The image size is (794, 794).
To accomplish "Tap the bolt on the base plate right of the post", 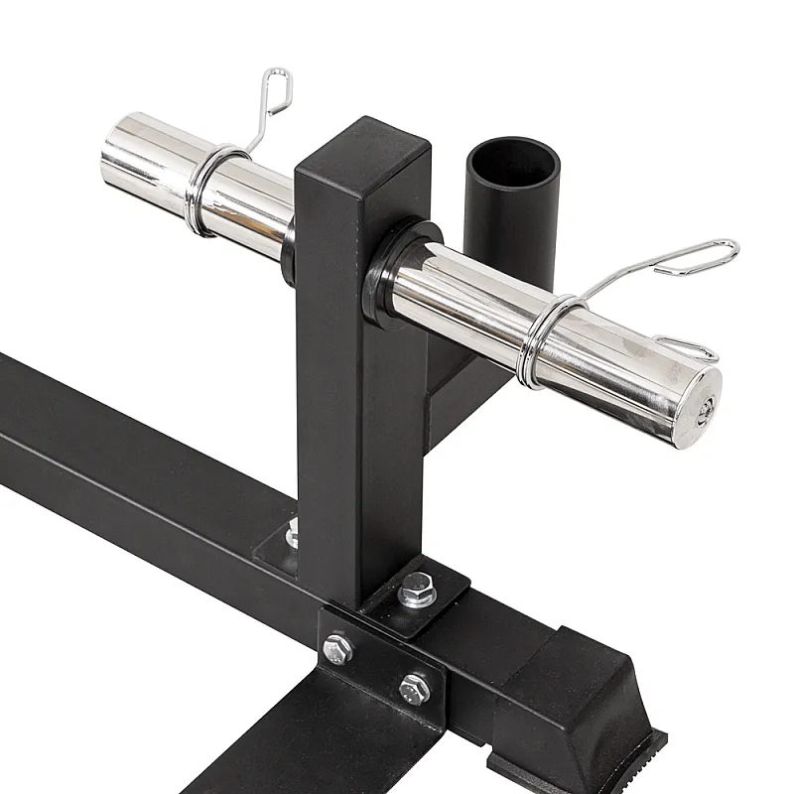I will click(x=415, y=594).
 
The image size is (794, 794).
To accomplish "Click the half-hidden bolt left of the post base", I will click(x=294, y=536).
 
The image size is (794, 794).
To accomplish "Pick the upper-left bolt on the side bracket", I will click(x=338, y=650).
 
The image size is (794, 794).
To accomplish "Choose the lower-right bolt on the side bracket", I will click(x=414, y=688).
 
